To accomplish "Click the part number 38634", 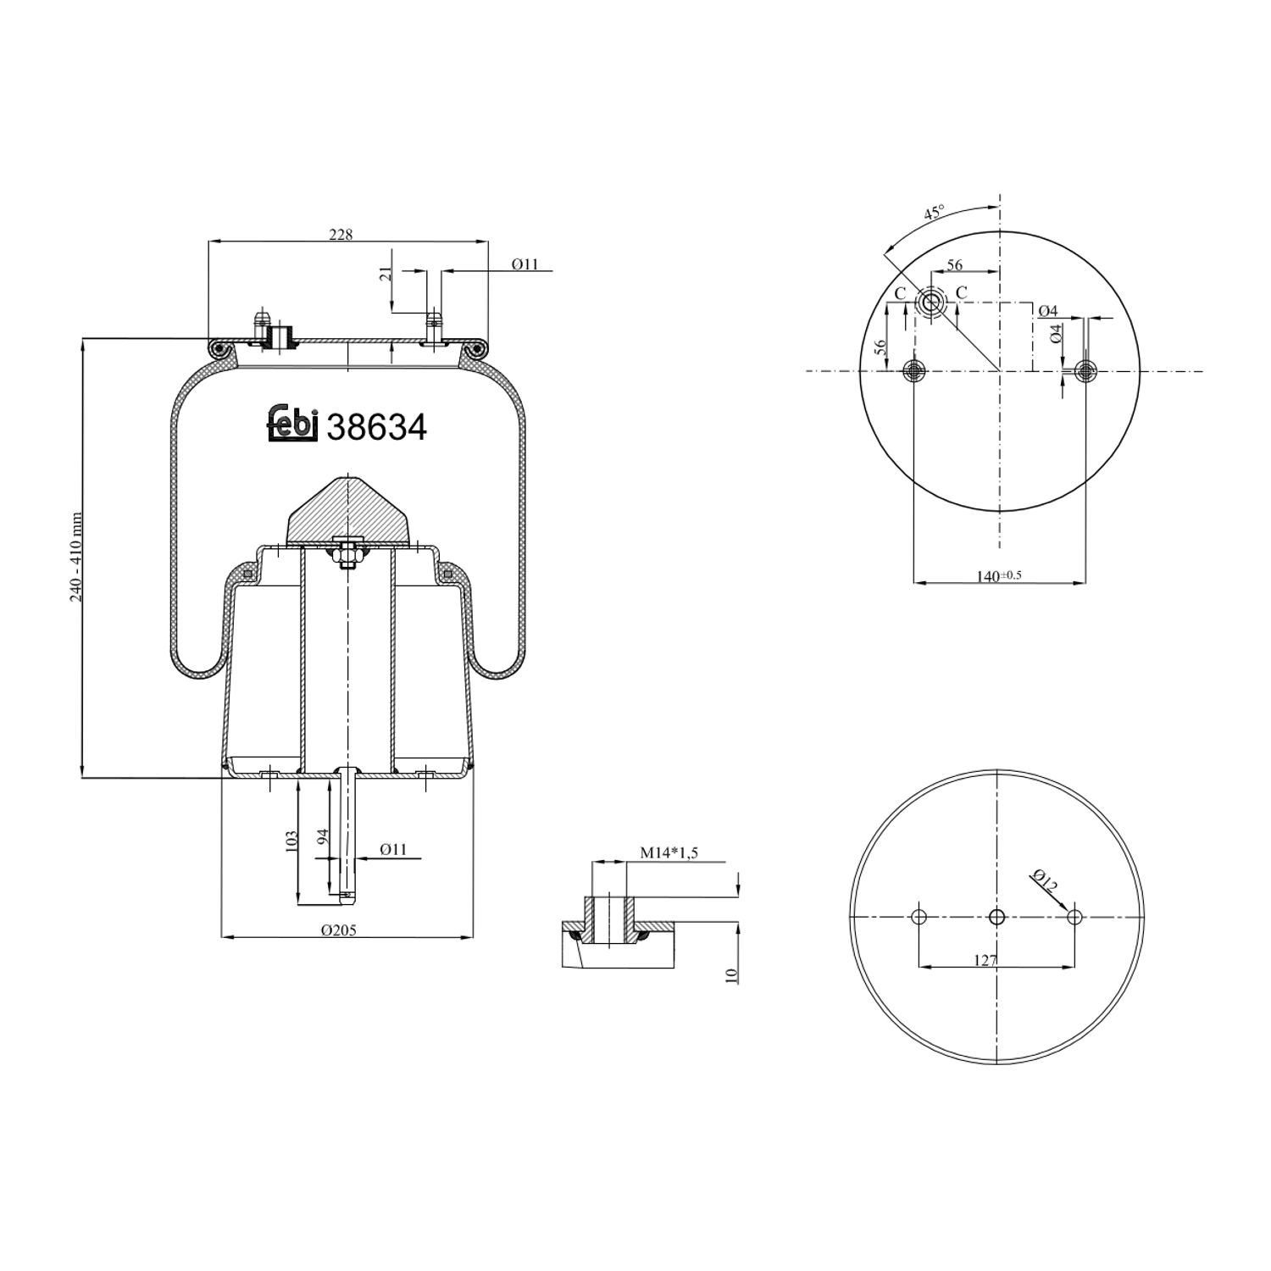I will pyautogui.click(x=376, y=427).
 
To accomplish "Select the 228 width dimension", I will pyautogui.click(x=341, y=234).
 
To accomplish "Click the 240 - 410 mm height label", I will pyautogui.click(x=76, y=557).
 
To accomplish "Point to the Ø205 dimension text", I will pyautogui.click(x=339, y=930).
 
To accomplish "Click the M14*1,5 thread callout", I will pyautogui.click(x=669, y=852).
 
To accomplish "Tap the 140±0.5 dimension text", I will pyautogui.click(x=999, y=576).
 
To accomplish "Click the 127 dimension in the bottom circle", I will pyautogui.click(x=985, y=960).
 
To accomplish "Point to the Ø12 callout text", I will pyautogui.click(x=1045, y=881).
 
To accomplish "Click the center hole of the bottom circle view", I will pyautogui.click(x=997, y=917).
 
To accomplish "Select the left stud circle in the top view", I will pyautogui.click(x=913, y=371).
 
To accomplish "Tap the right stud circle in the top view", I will pyautogui.click(x=1085, y=371).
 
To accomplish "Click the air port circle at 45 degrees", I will pyautogui.click(x=931, y=302).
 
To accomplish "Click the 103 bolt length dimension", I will pyautogui.click(x=291, y=841).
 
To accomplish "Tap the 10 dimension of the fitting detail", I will pyautogui.click(x=731, y=974).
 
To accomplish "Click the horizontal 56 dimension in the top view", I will pyautogui.click(x=954, y=264).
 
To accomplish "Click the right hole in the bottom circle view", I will pyautogui.click(x=1074, y=917).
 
